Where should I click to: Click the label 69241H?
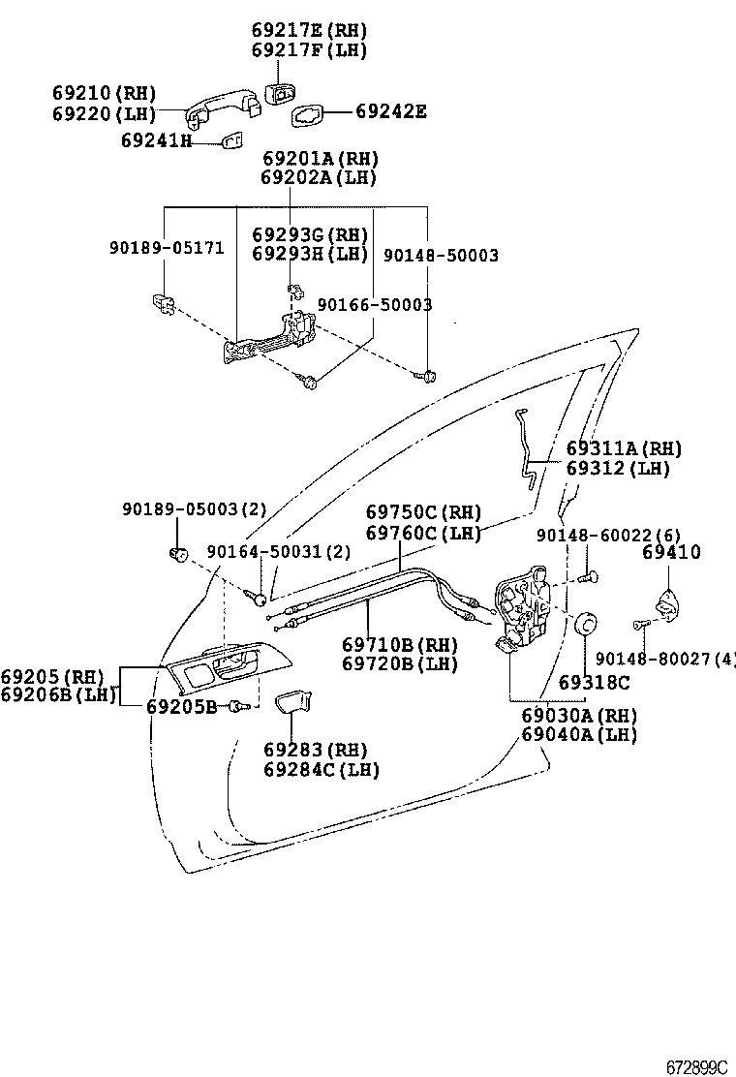(156, 141)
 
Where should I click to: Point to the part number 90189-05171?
(166, 248)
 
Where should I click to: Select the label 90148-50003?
(441, 256)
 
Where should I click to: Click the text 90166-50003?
(375, 304)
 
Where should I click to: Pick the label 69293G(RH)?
(310, 234)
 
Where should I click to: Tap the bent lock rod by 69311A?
(528, 448)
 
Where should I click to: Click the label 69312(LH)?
(618, 469)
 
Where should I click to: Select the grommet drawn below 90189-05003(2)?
(178, 554)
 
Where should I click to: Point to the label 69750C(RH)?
(423, 512)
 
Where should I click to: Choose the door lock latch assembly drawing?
(524, 611)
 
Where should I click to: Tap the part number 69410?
(671, 553)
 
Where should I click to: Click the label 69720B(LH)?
(399, 663)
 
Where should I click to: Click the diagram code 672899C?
(695, 1066)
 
